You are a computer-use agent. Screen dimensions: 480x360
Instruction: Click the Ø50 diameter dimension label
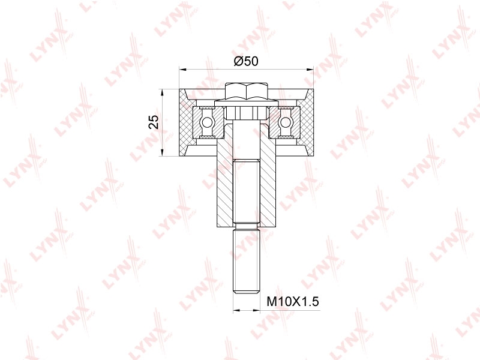(x=246, y=62)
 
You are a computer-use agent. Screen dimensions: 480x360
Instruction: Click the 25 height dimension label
(x=154, y=122)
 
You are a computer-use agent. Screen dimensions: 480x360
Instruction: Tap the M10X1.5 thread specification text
(x=293, y=302)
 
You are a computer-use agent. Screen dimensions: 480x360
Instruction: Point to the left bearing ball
(x=206, y=122)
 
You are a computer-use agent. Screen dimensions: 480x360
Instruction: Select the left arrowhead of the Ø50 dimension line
(x=183, y=70)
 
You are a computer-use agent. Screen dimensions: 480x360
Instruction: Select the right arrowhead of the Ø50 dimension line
(x=310, y=70)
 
